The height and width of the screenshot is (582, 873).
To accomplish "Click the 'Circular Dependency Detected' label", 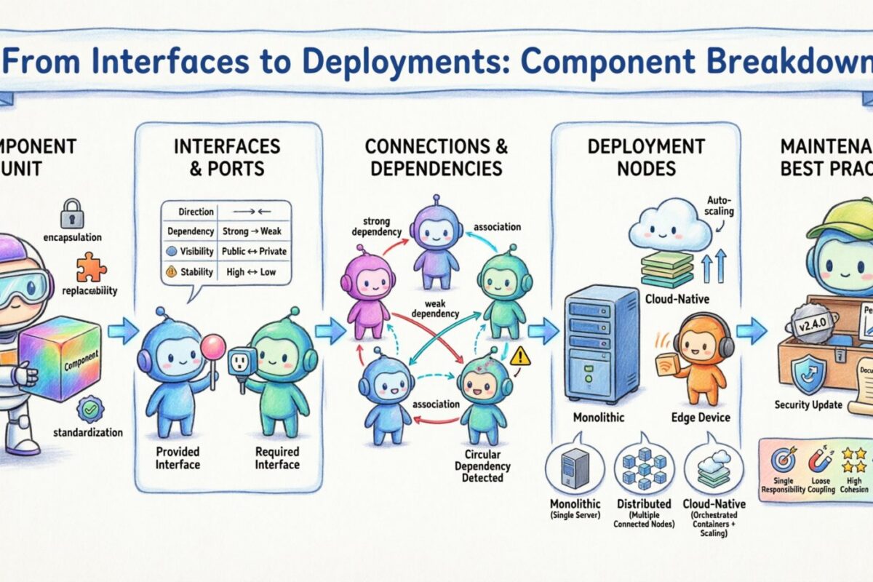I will [486, 466].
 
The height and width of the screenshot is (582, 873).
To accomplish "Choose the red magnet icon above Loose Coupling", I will [820, 460].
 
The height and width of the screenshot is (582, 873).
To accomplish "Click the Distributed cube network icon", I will [642, 465].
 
